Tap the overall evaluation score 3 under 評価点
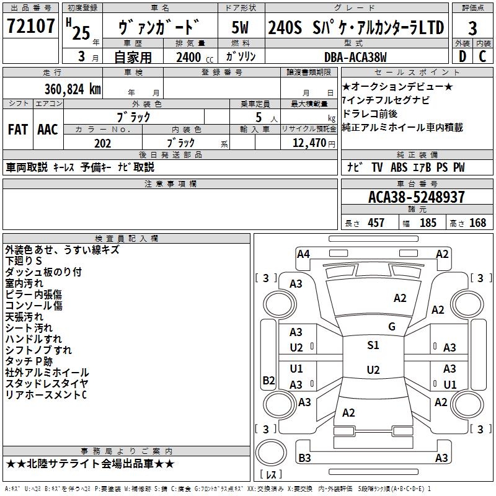click(x=472, y=29)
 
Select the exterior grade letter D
click(x=463, y=56)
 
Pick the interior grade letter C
click(x=482, y=56)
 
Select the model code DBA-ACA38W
click(x=355, y=58)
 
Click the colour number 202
click(x=103, y=143)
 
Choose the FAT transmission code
click(x=17, y=130)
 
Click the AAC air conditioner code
click(x=48, y=130)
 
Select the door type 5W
click(x=241, y=27)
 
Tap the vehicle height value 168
click(x=477, y=223)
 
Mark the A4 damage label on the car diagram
click(x=303, y=254)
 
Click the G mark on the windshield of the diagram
click(x=392, y=326)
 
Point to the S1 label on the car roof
click(x=373, y=345)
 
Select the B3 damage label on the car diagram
click(x=304, y=458)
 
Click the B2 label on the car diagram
click(x=268, y=380)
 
